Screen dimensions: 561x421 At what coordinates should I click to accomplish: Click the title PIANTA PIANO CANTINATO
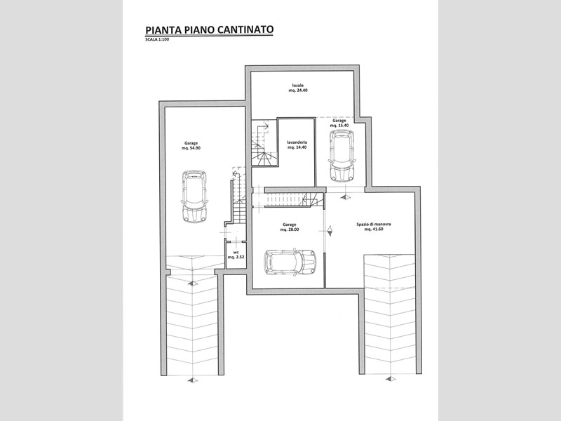209,29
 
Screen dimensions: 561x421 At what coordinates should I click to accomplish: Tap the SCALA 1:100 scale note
157,39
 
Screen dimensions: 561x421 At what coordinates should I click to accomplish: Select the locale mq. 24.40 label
298,88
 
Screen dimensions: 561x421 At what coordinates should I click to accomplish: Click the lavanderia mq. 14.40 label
297,145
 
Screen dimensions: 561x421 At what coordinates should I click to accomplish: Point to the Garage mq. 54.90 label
191,145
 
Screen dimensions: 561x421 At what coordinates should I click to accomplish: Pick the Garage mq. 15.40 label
339,123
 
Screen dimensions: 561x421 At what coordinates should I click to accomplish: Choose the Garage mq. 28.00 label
290,227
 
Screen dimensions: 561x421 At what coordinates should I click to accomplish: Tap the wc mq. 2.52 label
236,255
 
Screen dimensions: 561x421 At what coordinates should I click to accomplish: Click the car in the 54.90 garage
195,196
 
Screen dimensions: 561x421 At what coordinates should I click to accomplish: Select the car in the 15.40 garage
342,155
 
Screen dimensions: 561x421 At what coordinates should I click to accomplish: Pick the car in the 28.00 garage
290,262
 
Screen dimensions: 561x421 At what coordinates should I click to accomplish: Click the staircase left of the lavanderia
264,142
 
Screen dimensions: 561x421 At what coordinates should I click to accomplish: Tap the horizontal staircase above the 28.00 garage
294,199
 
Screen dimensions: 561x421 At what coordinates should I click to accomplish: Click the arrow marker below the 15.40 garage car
346,196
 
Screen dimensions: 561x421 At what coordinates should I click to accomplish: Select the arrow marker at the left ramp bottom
192,380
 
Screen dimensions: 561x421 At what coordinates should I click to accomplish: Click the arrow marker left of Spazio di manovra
330,231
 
